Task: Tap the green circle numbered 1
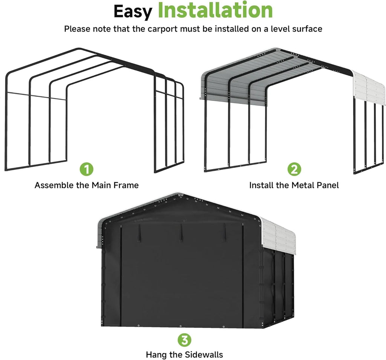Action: (x=87, y=169)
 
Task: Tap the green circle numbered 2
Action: (x=294, y=169)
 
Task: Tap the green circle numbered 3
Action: (x=184, y=340)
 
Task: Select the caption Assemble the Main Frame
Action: (x=87, y=185)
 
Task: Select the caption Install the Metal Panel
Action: (x=294, y=185)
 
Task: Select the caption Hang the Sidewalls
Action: (x=184, y=355)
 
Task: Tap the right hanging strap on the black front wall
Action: (x=225, y=230)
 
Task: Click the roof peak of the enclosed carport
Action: (x=180, y=195)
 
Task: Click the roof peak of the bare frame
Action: (x=78, y=49)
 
